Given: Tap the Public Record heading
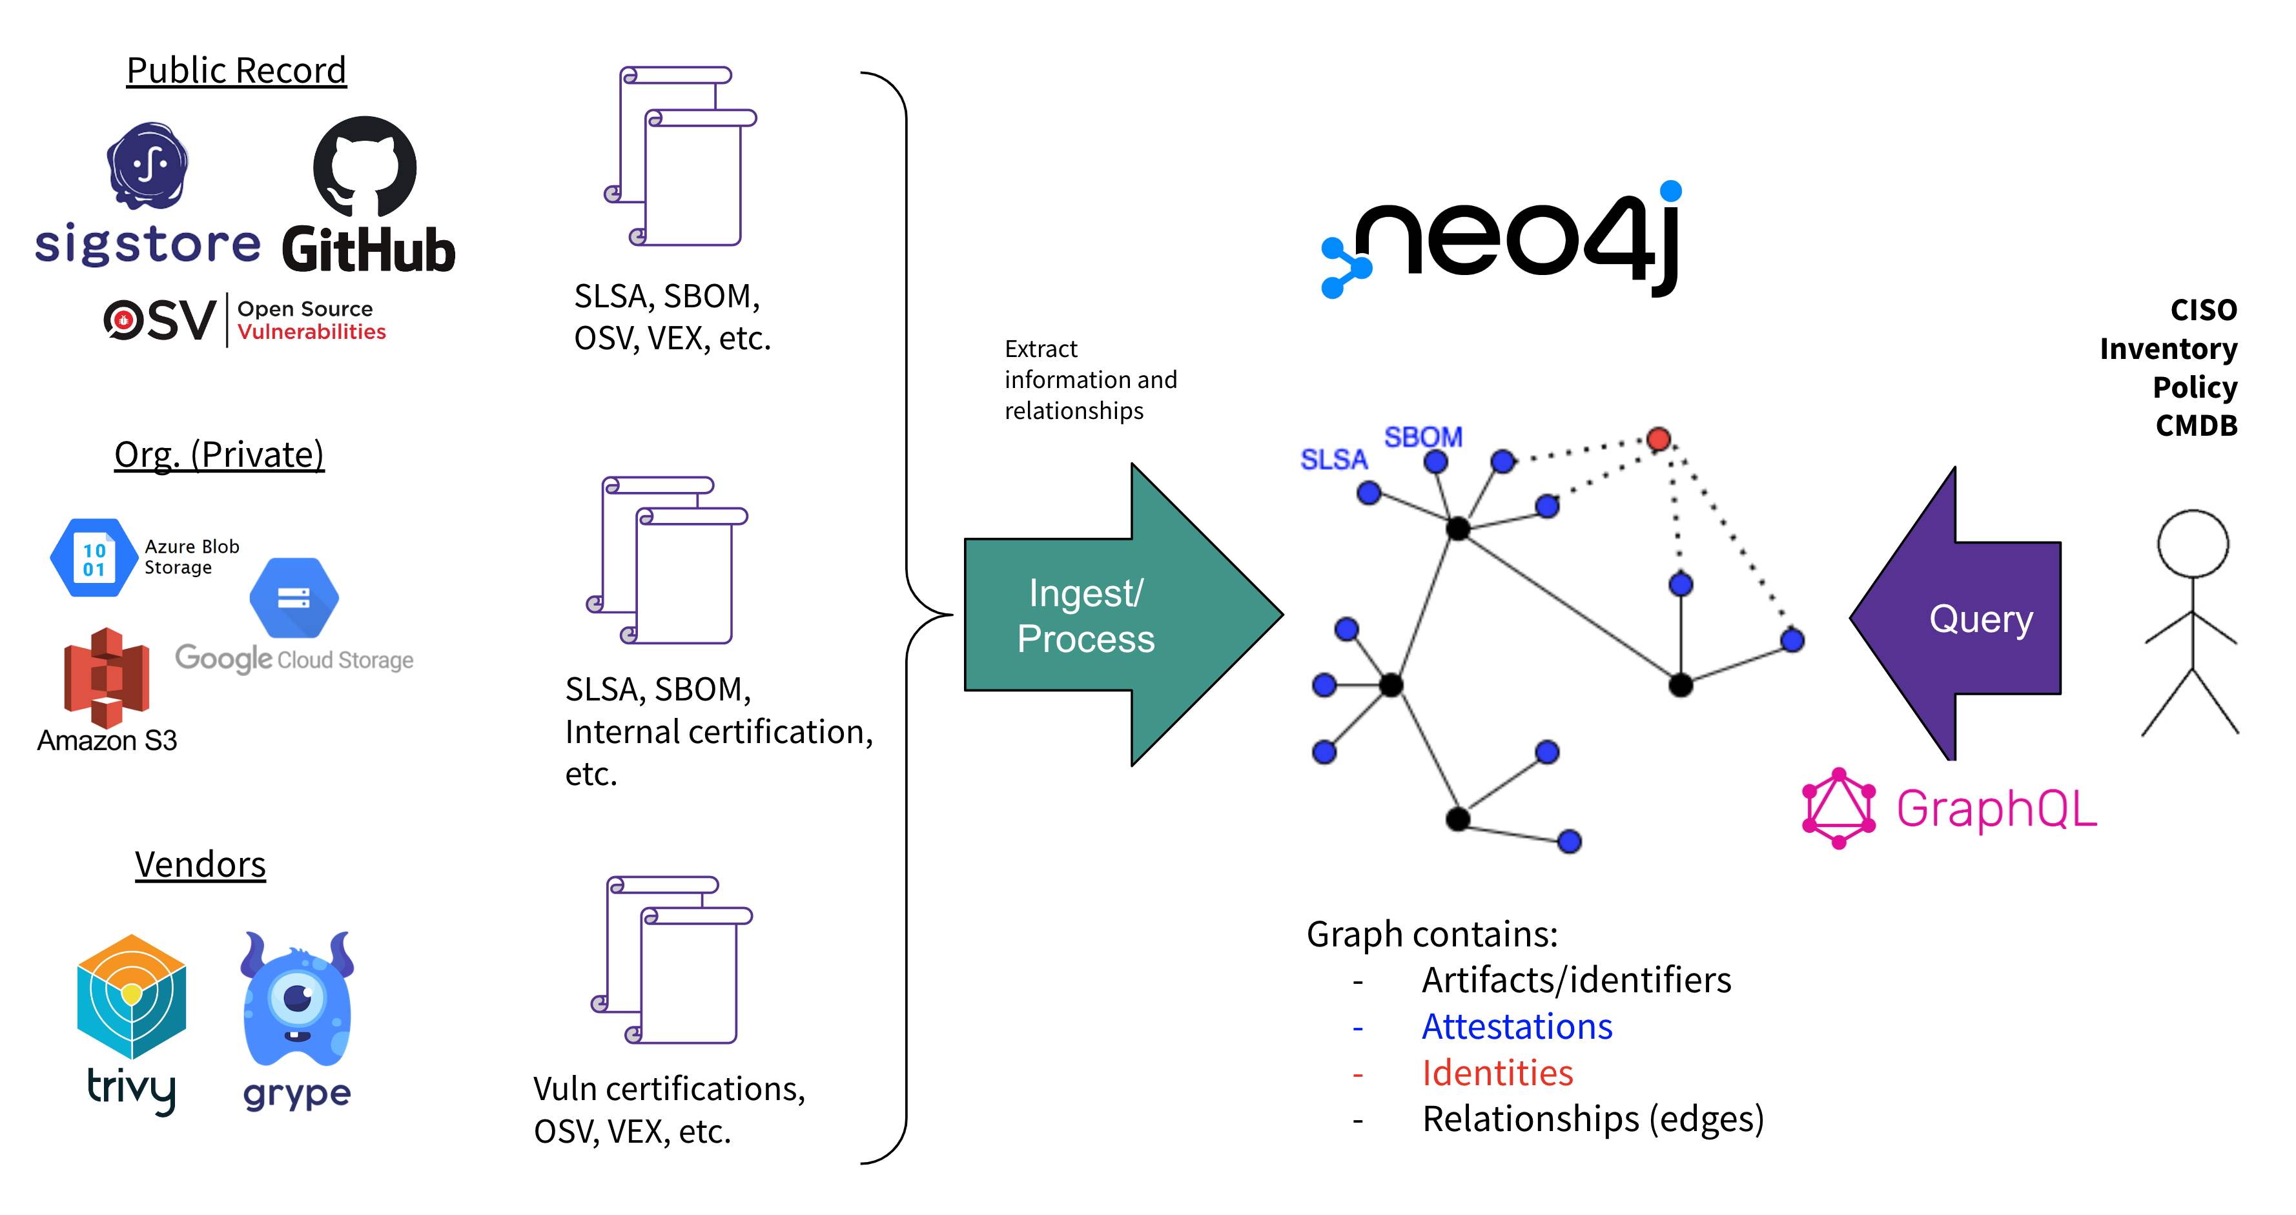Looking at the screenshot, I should pyautogui.click(x=236, y=70).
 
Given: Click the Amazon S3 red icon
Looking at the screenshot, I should pyautogui.click(x=106, y=677).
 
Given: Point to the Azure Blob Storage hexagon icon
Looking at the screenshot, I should pyautogui.click(x=93, y=558).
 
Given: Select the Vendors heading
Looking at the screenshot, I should pyautogui.click(x=201, y=864).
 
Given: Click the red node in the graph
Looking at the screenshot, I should pyautogui.click(x=1659, y=438).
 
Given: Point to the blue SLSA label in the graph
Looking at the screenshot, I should pyautogui.click(x=1333, y=460).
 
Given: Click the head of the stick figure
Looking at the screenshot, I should pyautogui.click(x=2193, y=544).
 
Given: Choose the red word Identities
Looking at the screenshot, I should pyautogui.click(x=1497, y=1073).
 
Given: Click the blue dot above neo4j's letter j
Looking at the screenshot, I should pyautogui.click(x=1671, y=190).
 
